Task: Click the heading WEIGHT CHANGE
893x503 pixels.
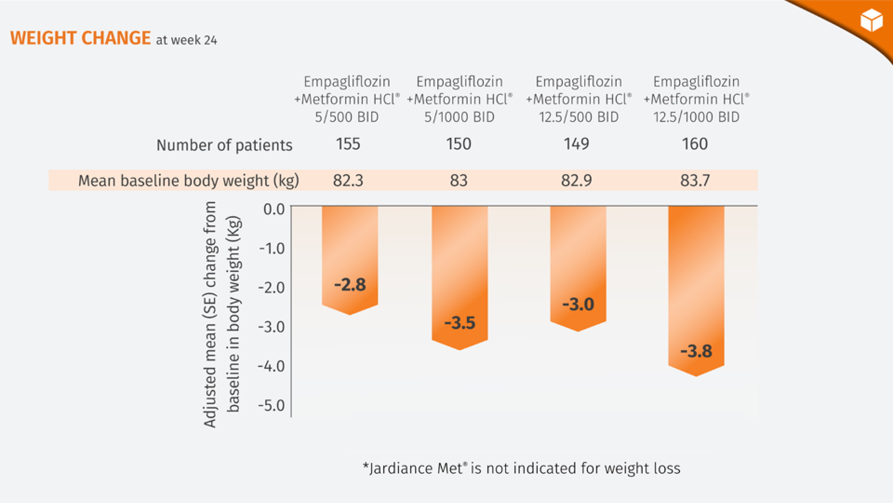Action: pyautogui.click(x=80, y=38)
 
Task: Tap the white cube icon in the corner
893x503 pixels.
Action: pyautogui.click(x=871, y=20)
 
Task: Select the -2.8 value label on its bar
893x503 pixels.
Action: pyautogui.click(x=350, y=285)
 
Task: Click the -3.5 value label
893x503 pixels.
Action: pyautogui.click(x=460, y=323)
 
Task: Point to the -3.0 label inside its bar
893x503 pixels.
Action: pyautogui.click(x=578, y=305)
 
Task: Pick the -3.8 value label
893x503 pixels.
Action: pyautogui.click(x=696, y=351)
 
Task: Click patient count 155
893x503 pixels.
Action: pyautogui.click(x=348, y=144)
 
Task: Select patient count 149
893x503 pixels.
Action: pyautogui.click(x=576, y=144)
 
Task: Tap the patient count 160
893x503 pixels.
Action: pyautogui.click(x=695, y=144)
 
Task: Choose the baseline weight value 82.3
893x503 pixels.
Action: pyautogui.click(x=348, y=181)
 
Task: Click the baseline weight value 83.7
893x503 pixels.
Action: pyautogui.click(x=695, y=181)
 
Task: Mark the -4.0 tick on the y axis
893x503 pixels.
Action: pyautogui.click(x=271, y=366)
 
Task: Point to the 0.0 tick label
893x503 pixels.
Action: pyautogui.click(x=274, y=209)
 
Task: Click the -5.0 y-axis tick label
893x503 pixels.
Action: pyautogui.click(x=271, y=405)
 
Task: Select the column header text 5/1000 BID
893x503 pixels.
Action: pyautogui.click(x=460, y=117)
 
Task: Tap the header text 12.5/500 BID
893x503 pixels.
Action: pyautogui.click(x=579, y=117)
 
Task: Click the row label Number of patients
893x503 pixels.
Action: pyautogui.click(x=224, y=145)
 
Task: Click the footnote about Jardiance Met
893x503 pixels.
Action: pyautogui.click(x=521, y=468)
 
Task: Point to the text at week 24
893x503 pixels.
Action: pyautogui.click(x=186, y=40)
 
